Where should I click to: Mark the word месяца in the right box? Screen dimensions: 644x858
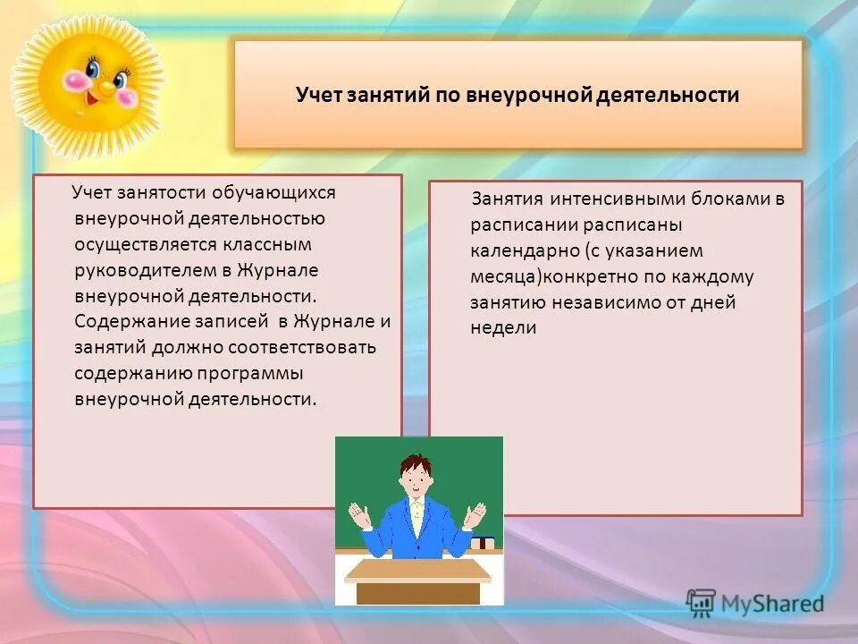[503, 276]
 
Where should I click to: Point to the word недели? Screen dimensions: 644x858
[503, 327]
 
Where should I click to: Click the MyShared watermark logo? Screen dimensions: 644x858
[754, 603]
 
